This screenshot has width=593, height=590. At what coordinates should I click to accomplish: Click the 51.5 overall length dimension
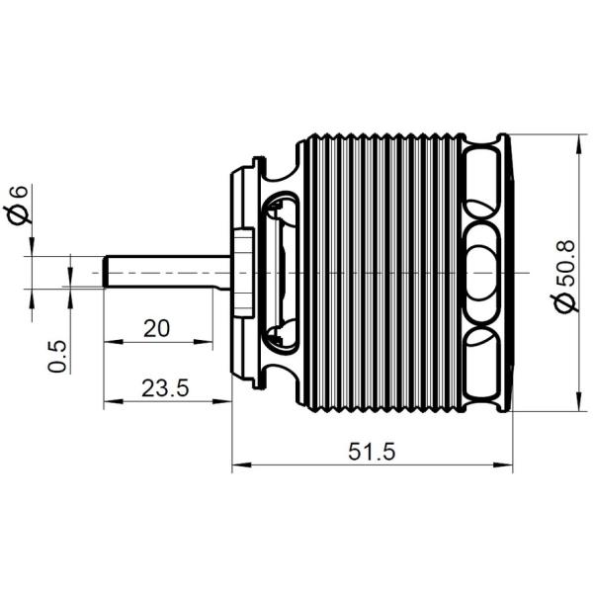pos(372,452)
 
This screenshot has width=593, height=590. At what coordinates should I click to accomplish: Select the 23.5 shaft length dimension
pos(165,388)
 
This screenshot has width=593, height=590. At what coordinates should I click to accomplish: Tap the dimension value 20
pos(157,328)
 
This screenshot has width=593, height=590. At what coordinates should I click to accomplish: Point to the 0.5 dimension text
pos(57,356)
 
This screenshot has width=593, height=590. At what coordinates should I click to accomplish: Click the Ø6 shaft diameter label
pos(18,205)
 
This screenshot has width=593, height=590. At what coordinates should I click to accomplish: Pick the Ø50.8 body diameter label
pos(564,276)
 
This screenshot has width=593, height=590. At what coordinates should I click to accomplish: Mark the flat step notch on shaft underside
pos(221,289)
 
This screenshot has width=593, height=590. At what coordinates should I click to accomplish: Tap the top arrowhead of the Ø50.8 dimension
pos(578,144)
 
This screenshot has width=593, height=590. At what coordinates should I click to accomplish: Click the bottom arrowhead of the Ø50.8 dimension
pos(578,401)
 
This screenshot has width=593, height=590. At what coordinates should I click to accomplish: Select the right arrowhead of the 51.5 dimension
pos(503,464)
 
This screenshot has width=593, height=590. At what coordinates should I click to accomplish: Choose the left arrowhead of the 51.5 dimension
pos(242,464)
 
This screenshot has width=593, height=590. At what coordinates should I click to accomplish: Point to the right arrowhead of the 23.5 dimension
pos(221,401)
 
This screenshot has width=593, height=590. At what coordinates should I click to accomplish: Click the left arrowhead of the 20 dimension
pos(114,342)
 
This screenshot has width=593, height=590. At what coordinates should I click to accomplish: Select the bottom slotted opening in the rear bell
pos(482,363)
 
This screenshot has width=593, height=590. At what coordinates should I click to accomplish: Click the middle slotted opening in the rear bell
pos(482,273)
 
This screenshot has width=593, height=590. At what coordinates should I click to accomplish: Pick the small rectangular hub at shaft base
pos(243,273)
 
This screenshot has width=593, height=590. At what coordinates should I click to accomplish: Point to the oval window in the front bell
pos(281,273)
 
